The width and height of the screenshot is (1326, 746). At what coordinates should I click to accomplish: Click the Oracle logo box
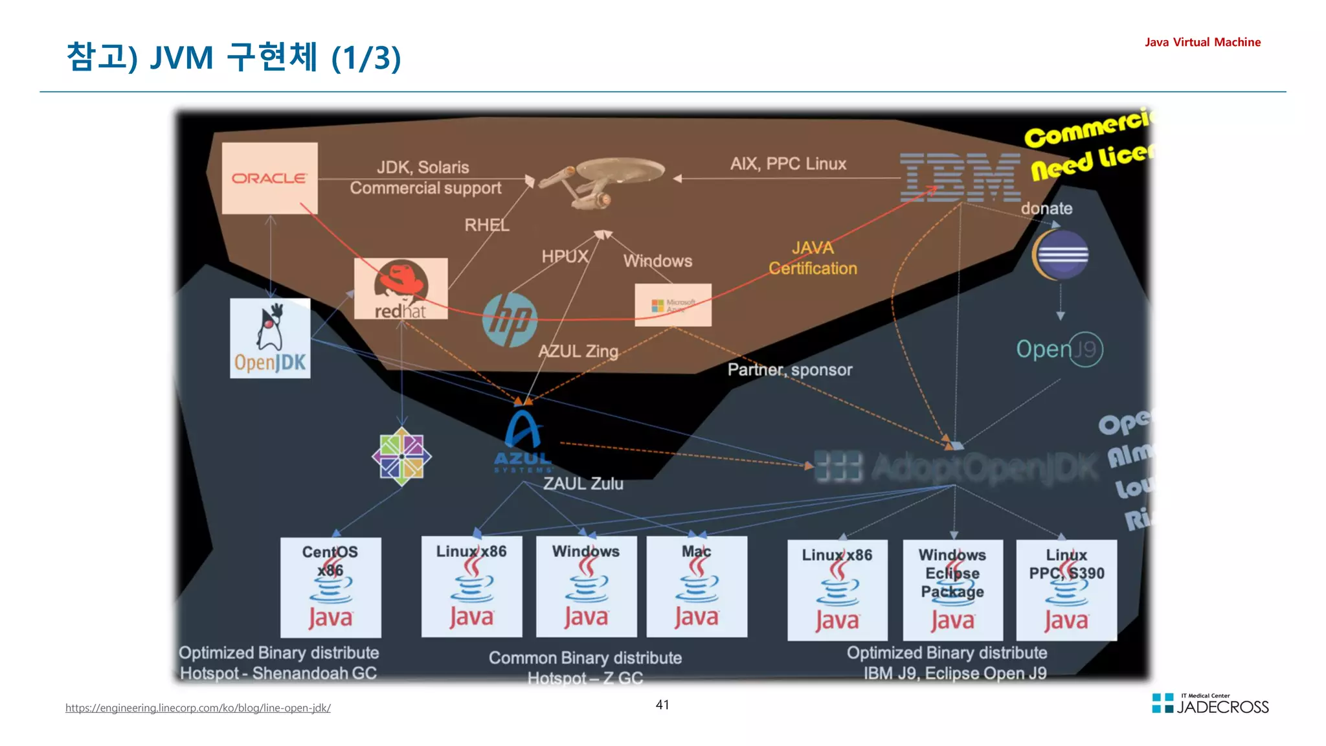[x=269, y=178]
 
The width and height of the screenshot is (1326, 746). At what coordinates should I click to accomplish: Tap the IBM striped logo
[x=960, y=177]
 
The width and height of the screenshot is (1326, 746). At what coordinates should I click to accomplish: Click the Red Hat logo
[x=401, y=289]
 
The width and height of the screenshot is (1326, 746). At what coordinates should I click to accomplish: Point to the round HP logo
[x=510, y=319]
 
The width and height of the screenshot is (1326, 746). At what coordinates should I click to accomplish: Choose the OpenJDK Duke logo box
[x=270, y=338]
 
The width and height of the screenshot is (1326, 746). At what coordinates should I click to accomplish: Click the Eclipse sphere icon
[x=1060, y=254]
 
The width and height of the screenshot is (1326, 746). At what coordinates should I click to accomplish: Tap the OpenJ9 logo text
[x=1059, y=349]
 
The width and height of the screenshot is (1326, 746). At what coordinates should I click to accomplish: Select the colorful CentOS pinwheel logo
[x=401, y=457]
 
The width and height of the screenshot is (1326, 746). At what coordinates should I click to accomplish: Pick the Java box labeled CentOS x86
[x=330, y=587]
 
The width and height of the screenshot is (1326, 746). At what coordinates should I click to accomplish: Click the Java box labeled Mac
[x=697, y=587]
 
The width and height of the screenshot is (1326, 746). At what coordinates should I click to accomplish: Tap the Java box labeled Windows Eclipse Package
[x=952, y=590]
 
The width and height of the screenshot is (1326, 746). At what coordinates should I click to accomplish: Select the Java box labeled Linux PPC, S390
[x=1066, y=590]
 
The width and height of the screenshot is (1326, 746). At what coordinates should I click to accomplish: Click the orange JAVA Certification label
[x=813, y=258]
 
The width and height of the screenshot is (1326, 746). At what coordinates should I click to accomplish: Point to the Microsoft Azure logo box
[x=673, y=305]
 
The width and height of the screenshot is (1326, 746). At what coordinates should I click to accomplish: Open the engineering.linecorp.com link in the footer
[x=197, y=708]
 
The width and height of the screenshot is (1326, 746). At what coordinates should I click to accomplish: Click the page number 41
[x=662, y=705]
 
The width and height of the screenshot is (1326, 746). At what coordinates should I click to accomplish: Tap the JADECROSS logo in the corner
[x=1210, y=704]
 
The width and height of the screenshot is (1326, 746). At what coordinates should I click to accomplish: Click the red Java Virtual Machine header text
[x=1202, y=42]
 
